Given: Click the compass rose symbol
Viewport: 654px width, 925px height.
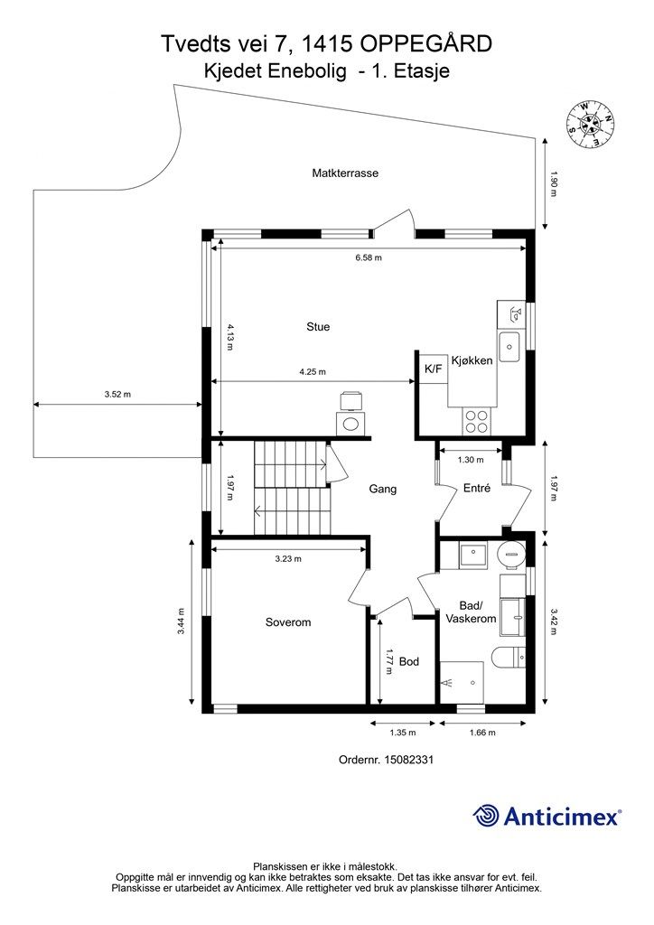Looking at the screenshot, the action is (x=590, y=125).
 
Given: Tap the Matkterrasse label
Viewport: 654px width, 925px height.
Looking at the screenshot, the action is (x=345, y=173).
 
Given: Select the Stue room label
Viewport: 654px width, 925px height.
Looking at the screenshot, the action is (x=318, y=327).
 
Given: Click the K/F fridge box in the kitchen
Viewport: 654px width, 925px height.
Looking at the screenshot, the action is (x=433, y=369).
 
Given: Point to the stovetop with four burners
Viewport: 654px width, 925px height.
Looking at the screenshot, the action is (x=476, y=421).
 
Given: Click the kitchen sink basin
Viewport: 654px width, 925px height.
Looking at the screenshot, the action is (x=509, y=346).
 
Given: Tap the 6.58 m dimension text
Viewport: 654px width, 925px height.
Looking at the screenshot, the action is (x=369, y=257).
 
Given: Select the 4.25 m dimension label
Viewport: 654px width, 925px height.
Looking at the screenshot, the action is (x=313, y=372).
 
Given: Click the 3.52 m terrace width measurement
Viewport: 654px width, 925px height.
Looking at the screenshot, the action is (x=117, y=395).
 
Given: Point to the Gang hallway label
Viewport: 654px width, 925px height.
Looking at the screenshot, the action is (x=383, y=489).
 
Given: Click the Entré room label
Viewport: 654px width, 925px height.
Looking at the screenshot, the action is (x=476, y=489).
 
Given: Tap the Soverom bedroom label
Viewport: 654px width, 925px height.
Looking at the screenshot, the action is (x=288, y=622).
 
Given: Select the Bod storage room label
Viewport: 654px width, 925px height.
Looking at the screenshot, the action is (x=408, y=662).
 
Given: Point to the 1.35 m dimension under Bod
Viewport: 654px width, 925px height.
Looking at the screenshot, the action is (x=403, y=733).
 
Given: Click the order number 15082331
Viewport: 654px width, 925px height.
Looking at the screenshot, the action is (x=408, y=760).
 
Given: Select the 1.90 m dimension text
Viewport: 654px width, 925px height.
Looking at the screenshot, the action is (x=553, y=183).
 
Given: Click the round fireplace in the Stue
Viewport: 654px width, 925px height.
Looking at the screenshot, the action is (x=350, y=423).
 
